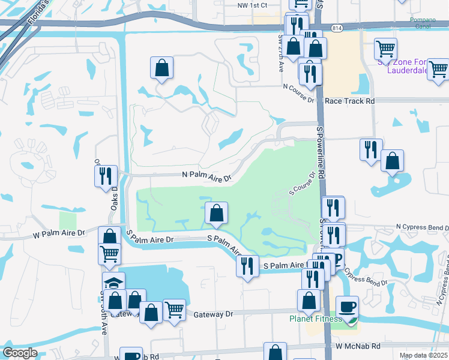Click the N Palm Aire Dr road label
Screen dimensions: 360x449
(206, 178)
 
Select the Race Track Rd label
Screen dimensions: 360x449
(349, 101)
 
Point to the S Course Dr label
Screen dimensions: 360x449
(302, 184)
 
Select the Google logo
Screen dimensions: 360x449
(20, 353)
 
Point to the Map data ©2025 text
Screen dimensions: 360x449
(423, 355)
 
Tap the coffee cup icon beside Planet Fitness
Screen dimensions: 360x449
(347, 307)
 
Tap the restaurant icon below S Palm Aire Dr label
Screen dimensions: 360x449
(247, 265)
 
